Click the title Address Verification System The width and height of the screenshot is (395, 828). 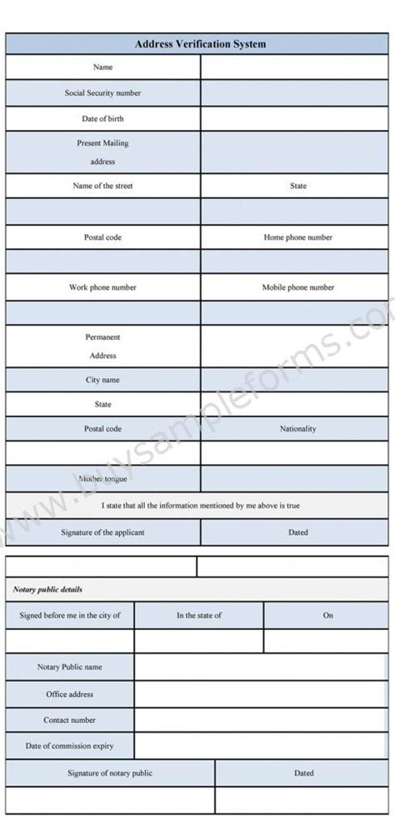200,44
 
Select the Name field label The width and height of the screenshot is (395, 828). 102,67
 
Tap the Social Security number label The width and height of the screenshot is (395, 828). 102,92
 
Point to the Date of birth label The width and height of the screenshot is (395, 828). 102,118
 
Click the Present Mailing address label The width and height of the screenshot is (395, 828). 102,152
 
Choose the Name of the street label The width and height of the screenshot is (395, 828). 102,186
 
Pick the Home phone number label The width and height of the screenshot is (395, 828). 297,237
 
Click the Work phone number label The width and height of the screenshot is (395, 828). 102,287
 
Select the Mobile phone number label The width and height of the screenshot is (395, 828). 297,287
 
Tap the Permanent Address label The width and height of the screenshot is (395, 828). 102,346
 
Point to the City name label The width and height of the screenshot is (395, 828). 102,380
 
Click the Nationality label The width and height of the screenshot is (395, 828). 297,429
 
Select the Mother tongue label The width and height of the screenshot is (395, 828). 102,479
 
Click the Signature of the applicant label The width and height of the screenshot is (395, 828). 102,532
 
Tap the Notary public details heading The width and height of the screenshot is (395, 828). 47,590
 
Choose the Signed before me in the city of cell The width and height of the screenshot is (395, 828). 69,616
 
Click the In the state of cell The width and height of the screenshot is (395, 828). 198,616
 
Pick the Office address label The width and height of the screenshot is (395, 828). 69,694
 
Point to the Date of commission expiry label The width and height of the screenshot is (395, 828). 69,746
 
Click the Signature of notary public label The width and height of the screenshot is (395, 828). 110,773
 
